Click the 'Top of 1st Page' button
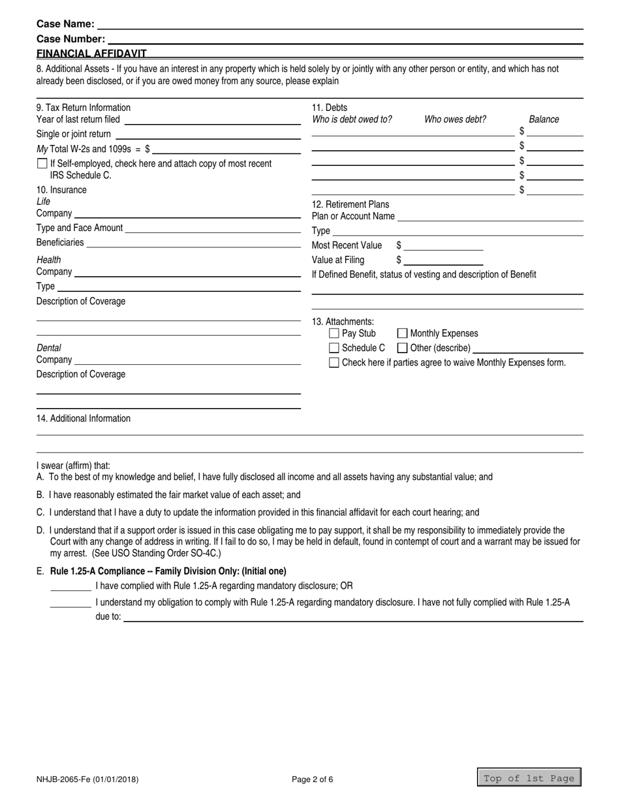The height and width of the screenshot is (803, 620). point(529,778)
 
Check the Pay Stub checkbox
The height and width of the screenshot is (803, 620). point(334,334)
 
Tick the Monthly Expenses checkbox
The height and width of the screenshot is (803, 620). point(403,334)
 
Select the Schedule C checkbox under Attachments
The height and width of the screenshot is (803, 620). point(334,348)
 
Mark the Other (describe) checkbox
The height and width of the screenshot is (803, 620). point(403,348)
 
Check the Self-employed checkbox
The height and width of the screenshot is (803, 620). point(42,164)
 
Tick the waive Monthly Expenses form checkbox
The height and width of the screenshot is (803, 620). point(334,362)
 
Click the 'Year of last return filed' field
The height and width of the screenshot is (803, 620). point(212,119)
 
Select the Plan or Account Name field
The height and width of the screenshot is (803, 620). point(489,216)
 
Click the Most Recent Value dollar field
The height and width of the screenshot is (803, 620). point(444,245)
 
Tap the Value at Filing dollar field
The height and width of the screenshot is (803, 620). point(444,260)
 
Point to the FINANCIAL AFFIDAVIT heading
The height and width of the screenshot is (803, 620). point(91,54)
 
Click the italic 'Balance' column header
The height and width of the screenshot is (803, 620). point(544,119)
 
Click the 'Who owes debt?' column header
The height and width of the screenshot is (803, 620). point(455,119)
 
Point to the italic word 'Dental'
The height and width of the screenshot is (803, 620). point(49,348)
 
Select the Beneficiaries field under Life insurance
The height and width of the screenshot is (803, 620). point(193,242)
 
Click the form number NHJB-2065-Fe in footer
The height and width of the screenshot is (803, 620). point(87,779)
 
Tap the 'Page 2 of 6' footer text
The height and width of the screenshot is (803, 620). point(313,779)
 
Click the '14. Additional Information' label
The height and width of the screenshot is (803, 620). point(84,418)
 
